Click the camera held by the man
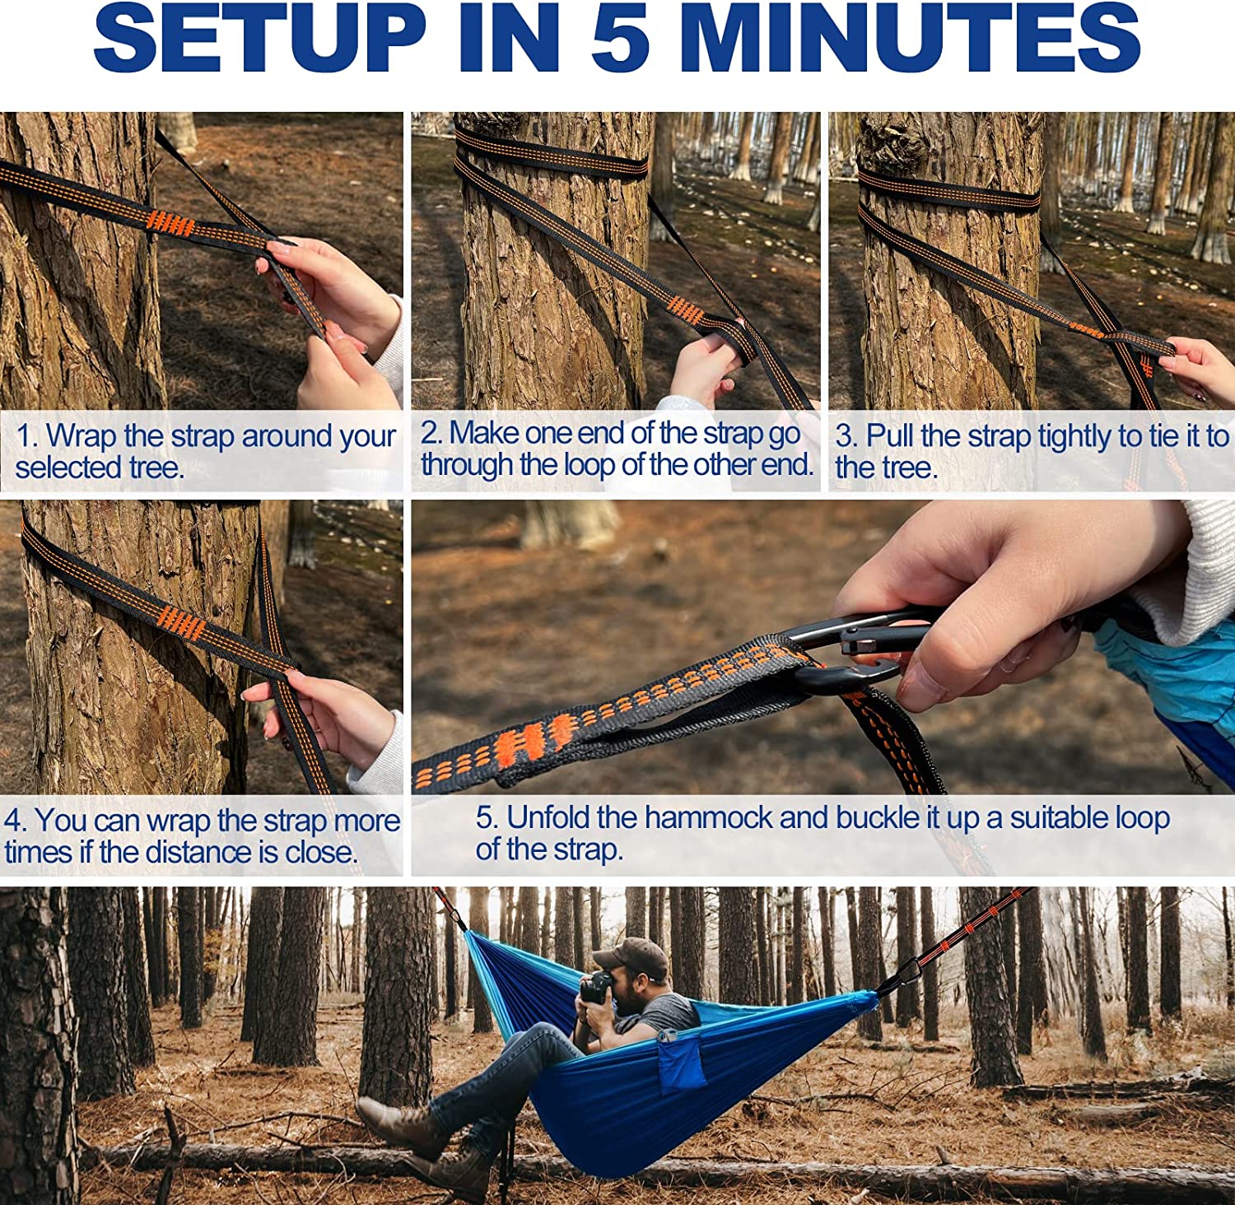(x=596, y=987)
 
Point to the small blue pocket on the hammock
(x=681, y=1061)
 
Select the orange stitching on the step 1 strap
(x=171, y=224)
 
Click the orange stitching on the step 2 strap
(x=685, y=311)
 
